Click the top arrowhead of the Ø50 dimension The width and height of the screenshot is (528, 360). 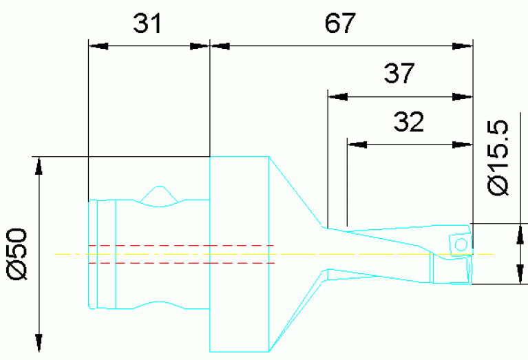point(39,165)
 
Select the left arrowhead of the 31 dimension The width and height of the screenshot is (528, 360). point(98,46)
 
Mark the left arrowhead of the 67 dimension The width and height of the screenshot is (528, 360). point(220,46)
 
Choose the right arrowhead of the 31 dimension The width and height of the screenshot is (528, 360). point(199,46)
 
